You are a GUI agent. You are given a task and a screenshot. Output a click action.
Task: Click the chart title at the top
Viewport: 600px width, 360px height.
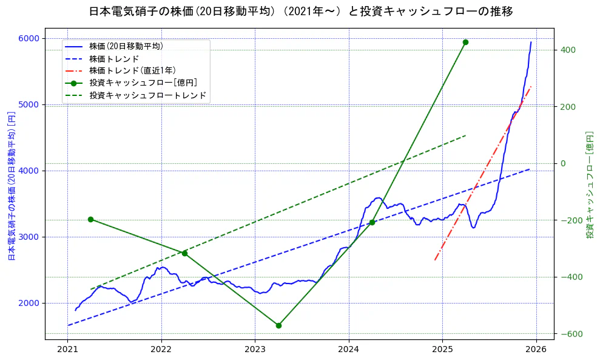(x=300, y=12)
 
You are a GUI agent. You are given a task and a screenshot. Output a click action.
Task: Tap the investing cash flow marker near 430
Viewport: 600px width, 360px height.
(x=465, y=42)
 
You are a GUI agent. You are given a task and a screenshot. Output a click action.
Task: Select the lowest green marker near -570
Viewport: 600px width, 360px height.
(x=278, y=325)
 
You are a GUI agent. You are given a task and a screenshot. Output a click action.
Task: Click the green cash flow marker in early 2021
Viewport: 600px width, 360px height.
(x=90, y=219)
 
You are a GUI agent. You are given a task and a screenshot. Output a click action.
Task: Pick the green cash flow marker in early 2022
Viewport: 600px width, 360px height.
(x=184, y=253)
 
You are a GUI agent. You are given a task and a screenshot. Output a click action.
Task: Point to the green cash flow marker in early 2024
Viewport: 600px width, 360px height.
(x=372, y=222)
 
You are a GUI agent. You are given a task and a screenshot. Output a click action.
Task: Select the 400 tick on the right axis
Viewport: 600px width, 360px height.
(x=568, y=50)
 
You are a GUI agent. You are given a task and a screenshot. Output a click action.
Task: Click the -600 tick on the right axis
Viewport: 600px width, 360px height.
(x=570, y=334)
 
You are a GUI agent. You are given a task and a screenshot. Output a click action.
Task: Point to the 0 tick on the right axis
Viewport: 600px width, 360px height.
(x=563, y=163)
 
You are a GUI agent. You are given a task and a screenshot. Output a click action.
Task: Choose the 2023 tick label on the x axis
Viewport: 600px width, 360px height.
(x=255, y=350)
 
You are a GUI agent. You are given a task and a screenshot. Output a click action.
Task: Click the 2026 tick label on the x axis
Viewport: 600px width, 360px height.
(x=536, y=350)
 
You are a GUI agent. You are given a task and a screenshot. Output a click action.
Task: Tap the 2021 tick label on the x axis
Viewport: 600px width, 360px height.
(x=67, y=350)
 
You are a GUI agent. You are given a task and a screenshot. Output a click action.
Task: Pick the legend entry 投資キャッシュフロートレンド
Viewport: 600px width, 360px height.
(x=147, y=95)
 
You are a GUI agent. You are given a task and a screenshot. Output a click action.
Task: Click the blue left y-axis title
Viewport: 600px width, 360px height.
(x=10, y=186)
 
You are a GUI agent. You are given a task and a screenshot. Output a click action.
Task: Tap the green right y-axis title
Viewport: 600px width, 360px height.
(x=589, y=185)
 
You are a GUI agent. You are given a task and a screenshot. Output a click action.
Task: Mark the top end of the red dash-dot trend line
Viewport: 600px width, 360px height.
(x=531, y=86)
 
